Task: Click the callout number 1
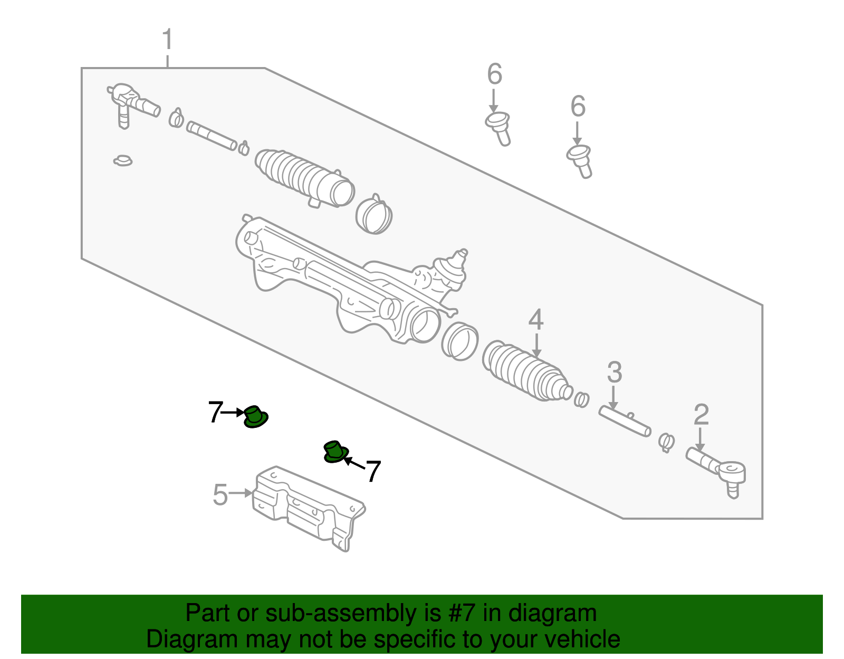[167, 39]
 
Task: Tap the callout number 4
[536, 320]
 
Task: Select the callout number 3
[615, 372]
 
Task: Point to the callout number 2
[701, 414]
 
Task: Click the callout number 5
[220, 495]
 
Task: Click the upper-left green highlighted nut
[255, 417]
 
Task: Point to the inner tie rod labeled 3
[625, 421]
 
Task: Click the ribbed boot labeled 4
[527, 371]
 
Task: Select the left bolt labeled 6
[498, 129]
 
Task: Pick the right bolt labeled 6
[579, 161]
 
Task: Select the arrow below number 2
[700, 440]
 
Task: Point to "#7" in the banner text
[462, 613]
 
